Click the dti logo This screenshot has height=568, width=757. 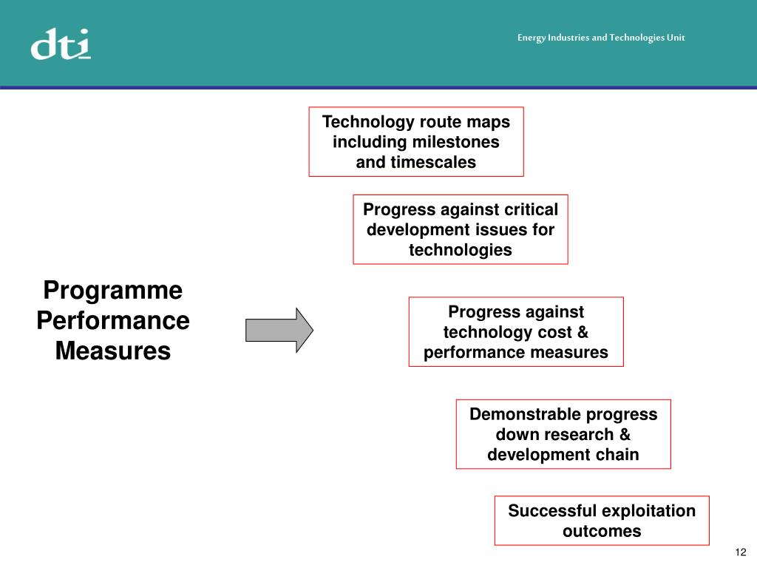(x=61, y=44)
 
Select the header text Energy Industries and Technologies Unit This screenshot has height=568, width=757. (x=600, y=38)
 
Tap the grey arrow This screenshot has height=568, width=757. (x=279, y=330)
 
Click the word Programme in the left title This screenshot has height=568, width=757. (x=113, y=291)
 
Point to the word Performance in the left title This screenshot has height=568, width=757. (x=113, y=321)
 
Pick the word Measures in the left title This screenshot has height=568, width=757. (x=113, y=351)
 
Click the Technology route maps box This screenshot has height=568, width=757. (x=415, y=141)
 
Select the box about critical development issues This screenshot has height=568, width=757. (x=460, y=229)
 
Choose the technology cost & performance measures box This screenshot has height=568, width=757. (x=515, y=332)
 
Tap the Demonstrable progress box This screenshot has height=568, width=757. (x=563, y=434)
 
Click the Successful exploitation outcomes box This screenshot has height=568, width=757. (x=601, y=521)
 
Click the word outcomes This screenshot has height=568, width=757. (x=601, y=531)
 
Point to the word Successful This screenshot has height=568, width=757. (x=551, y=511)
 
